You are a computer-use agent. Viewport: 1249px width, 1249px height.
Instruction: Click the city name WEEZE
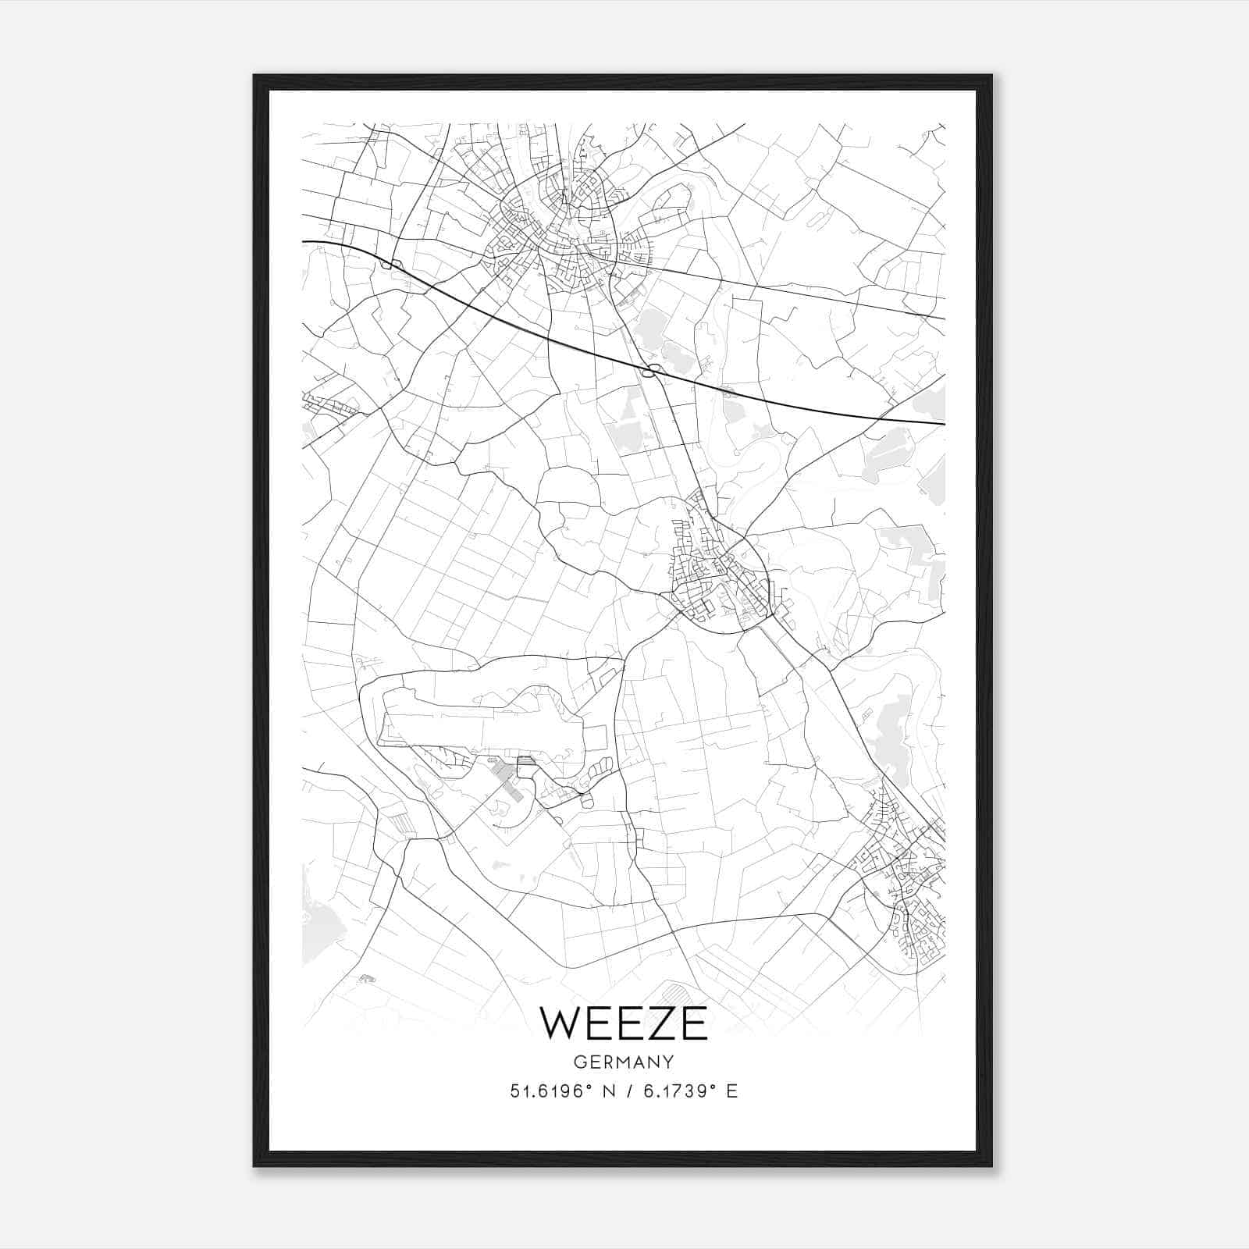tap(624, 1023)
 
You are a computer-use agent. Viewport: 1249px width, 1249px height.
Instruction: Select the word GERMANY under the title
tap(624, 1062)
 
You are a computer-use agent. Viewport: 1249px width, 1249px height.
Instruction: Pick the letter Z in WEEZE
tap(660, 1023)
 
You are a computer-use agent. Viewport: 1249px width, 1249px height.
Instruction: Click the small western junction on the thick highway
tap(389, 264)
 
